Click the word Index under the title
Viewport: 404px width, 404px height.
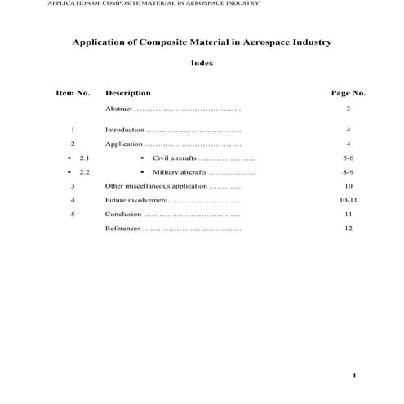202,64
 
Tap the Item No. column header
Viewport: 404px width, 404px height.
73,93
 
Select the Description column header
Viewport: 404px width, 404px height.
128,93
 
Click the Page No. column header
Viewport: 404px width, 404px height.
348,93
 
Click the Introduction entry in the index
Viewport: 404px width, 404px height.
125,130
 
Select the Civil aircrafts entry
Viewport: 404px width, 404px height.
175,158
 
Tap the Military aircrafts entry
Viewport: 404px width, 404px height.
180,172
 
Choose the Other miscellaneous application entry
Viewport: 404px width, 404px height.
156,186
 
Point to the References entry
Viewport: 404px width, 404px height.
122,229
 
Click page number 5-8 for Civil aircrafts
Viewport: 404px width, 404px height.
348,158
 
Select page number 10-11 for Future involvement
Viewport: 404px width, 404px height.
348,200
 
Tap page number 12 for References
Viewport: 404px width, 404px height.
348,229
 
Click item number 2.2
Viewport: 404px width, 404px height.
84,172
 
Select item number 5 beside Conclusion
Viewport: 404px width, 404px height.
73,214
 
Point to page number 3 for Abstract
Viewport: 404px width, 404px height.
348,109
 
